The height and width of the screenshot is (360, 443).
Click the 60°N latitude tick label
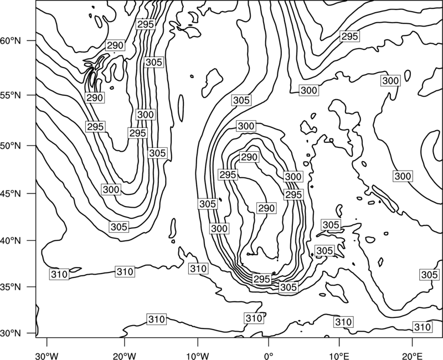[11, 41]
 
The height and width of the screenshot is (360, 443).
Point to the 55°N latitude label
[11, 95]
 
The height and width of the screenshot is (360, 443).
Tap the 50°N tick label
[11, 146]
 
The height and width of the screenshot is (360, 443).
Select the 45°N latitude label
[11, 194]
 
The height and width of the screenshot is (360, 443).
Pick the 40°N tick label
[11, 241]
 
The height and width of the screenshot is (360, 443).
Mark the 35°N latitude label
[11, 287]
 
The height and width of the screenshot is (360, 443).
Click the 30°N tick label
[11, 333]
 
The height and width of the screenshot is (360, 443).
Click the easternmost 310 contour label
[423, 327]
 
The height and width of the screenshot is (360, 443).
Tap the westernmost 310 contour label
[59, 274]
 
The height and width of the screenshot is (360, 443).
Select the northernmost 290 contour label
[115, 45]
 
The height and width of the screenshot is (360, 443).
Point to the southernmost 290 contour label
[266, 208]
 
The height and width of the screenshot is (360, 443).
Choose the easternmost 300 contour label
[403, 176]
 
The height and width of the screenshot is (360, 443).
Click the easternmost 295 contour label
[350, 36]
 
